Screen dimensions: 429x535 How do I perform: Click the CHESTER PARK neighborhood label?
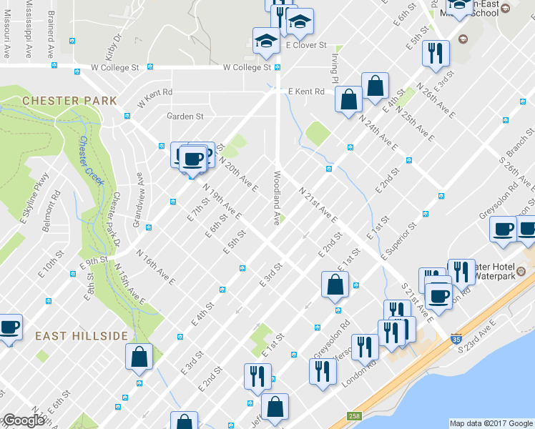pyautogui.click(x=69, y=101)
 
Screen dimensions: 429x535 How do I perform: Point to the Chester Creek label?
pyautogui.click(x=92, y=160)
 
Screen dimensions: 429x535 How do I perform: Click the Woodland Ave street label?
pyautogui.click(x=275, y=197)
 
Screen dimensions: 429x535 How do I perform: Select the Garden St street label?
pyautogui.click(x=185, y=116)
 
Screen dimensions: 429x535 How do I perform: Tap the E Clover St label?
pyautogui.click(x=305, y=44)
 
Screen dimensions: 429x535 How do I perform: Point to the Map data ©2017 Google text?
pyautogui.click(x=491, y=423)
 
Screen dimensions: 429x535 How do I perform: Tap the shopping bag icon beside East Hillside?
pyautogui.click(x=139, y=356)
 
